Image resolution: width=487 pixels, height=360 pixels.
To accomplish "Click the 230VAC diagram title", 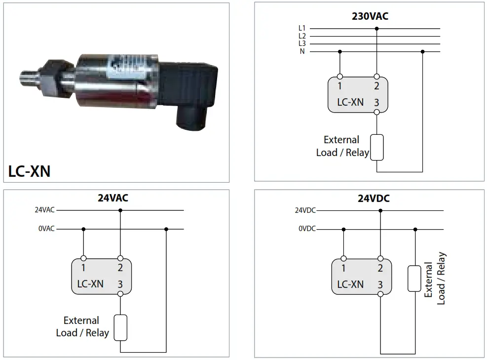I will pos(370,16).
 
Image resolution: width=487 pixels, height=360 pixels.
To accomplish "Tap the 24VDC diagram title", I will pos(374,199).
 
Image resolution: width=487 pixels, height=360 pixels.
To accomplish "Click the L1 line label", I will pos(302,29).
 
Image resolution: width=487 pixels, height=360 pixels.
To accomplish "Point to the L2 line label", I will pos(302,36).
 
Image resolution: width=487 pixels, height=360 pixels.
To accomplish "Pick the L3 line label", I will pos(302,44).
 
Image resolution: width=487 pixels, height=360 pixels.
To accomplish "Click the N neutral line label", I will pos(302,52).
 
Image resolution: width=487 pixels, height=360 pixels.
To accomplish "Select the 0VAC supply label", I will pos(46,229).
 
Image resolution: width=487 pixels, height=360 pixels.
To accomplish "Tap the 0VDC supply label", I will pos(306,229).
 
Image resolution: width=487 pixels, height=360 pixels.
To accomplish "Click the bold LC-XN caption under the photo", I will pos(29,171).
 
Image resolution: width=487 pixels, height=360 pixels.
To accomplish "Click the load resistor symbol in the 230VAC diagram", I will pos(377,147).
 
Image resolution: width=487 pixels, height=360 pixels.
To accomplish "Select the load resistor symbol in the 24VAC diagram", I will pos(120,327).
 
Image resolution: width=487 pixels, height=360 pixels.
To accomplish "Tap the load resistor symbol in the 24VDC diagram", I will pos(414,279).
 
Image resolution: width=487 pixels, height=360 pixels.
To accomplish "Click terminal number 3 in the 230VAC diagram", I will pos(376,103).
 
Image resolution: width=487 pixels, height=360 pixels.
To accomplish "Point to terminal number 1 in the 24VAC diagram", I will pos(83,268).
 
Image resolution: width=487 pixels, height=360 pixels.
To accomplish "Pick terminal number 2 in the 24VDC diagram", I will pos(380,269).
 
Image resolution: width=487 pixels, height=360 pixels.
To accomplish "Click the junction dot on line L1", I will pos(377,29).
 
